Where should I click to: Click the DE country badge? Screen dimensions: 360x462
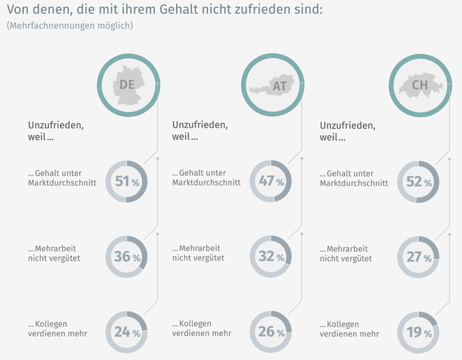click(128, 84)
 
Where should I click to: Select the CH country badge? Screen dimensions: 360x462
click(419, 84)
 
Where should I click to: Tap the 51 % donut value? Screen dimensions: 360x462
click(127, 182)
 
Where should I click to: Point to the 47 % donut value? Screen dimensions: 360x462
click(271, 182)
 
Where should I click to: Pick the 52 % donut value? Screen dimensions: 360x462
click(418, 182)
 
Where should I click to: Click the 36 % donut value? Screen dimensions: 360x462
click(127, 256)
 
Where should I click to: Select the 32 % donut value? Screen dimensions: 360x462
click(271, 256)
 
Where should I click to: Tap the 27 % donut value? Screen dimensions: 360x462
click(418, 257)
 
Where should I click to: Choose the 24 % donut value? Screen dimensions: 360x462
click(127, 332)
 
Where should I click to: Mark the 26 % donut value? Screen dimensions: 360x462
click(271, 332)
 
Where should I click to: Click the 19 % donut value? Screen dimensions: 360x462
click(418, 333)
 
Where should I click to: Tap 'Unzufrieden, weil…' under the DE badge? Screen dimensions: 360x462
click(56, 130)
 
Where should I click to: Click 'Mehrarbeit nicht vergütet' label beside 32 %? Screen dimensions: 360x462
click(198, 253)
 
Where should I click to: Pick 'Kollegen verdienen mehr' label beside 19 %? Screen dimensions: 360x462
click(349, 329)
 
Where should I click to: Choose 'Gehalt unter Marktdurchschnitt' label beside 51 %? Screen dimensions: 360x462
click(62, 178)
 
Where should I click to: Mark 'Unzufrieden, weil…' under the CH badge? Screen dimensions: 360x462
click(347, 130)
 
